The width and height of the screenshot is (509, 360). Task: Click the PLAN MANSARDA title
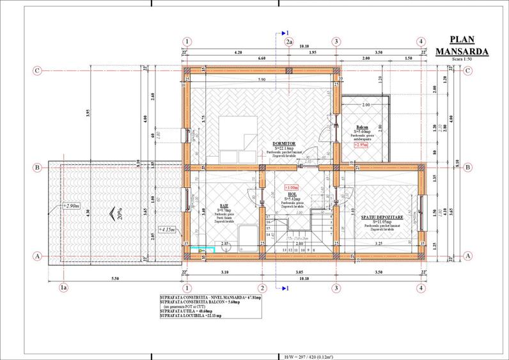[x=462, y=45]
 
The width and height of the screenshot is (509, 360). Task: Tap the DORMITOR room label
[x=283, y=143]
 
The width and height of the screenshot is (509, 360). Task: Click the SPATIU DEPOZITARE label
[x=377, y=217]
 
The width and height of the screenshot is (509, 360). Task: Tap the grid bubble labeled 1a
[x=63, y=288]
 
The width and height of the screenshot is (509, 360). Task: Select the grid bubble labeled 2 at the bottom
[x=262, y=288]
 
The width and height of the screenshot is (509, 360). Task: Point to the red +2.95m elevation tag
[x=361, y=145]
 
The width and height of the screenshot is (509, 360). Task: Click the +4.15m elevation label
[x=169, y=229]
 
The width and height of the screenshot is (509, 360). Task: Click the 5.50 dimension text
[x=115, y=278]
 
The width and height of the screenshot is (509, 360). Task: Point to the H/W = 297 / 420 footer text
[x=312, y=356]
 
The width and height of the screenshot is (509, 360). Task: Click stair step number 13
[x=267, y=251]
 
